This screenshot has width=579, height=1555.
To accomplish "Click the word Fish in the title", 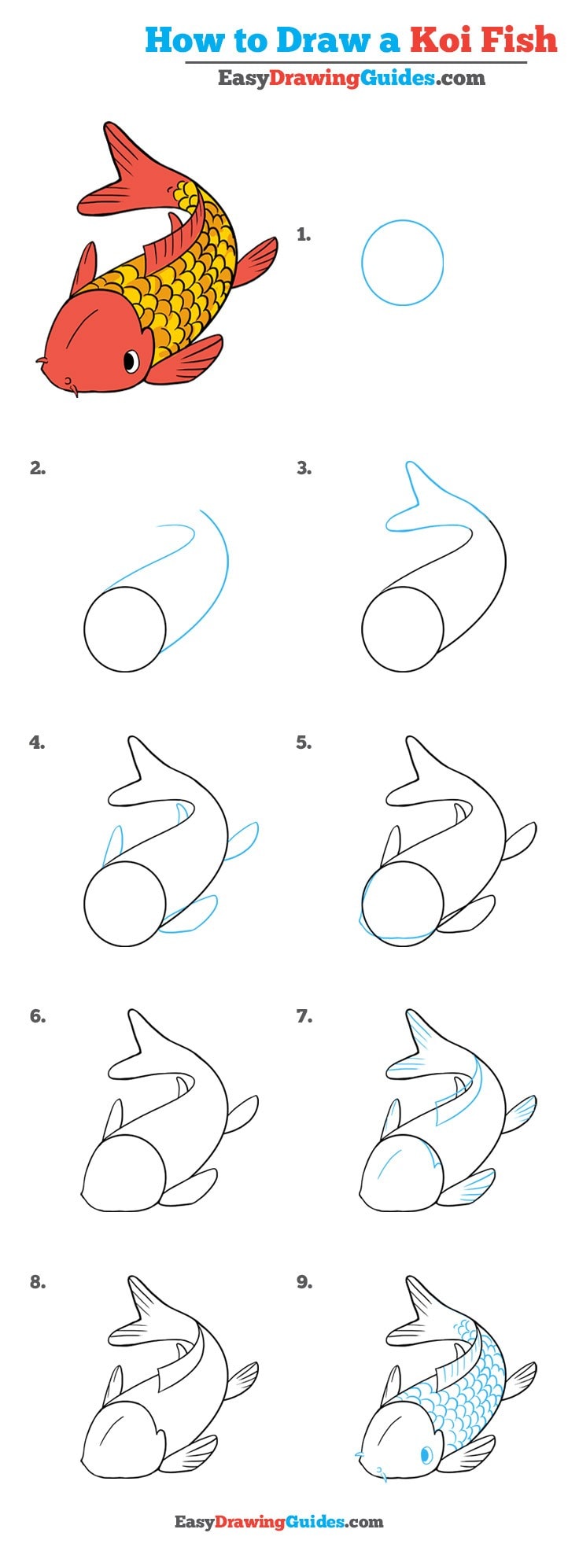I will pyautogui.click(x=520, y=39).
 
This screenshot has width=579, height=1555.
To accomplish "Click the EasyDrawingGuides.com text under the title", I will pyautogui.click(x=351, y=78).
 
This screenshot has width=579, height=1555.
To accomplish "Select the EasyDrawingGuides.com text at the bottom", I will pyautogui.click(x=278, y=1522).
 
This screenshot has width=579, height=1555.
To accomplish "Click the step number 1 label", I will pyautogui.click(x=304, y=234).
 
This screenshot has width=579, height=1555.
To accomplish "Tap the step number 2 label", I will pyautogui.click(x=38, y=469).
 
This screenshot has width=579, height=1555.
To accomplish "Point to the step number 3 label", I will pyautogui.click(x=304, y=469).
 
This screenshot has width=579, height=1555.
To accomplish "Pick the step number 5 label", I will pyautogui.click(x=304, y=742).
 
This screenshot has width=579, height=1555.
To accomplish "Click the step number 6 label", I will pyautogui.click(x=38, y=1016).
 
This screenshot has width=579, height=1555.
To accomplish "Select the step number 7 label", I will pyautogui.click(x=304, y=1016).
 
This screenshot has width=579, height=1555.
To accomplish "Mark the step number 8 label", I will pyautogui.click(x=38, y=1282).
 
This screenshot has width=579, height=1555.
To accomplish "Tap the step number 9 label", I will pyautogui.click(x=304, y=1282).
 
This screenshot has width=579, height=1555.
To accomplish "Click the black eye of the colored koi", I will pyautogui.click(x=131, y=361).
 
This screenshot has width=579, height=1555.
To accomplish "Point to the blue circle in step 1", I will pyautogui.click(x=402, y=263).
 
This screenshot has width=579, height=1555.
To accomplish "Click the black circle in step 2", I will pyautogui.click(x=125, y=629).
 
